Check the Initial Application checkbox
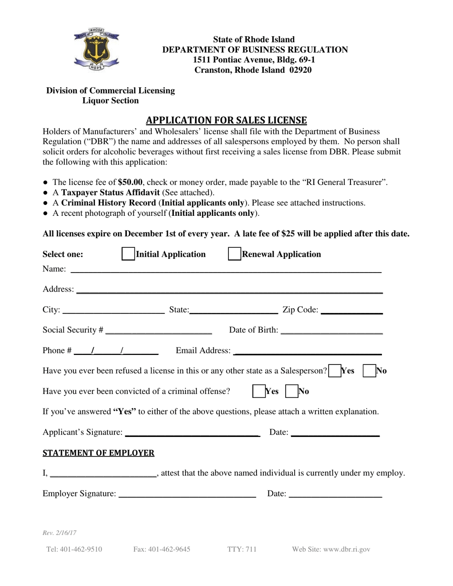[x=128, y=254]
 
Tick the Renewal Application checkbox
[x=234, y=254]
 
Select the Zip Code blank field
[x=352, y=311]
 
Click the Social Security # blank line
[x=159, y=331]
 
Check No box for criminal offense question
[x=291, y=392]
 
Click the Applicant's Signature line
[x=191, y=433]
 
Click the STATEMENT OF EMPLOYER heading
[x=99, y=453]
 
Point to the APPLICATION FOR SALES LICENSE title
[x=226, y=120]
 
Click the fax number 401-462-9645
[x=162, y=549]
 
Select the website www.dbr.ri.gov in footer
[x=331, y=549]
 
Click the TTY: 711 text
[x=242, y=549]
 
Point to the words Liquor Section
[x=111, y=101]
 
